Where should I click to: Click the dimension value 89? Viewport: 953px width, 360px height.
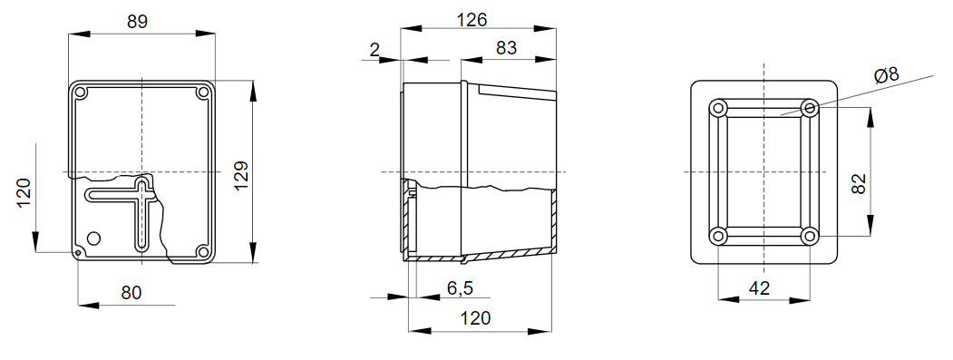coord(138,21)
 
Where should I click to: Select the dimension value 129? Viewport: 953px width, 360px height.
coord(241,172)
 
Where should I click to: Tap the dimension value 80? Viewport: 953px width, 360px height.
coord(131,292)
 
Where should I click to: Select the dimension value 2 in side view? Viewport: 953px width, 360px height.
coord(374,49)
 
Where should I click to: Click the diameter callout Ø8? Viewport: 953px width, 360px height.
coord(886,75)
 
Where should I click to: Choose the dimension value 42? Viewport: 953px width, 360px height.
coord(760,287)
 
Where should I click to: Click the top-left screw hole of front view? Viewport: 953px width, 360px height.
coord(81,92)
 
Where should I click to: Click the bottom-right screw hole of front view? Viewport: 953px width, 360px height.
coord(202,251)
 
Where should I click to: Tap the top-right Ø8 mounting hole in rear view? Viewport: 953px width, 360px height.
coord(810,109)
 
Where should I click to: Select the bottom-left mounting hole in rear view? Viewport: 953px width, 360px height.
coord(719,236)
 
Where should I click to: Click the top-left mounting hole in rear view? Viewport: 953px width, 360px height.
coord(719,109)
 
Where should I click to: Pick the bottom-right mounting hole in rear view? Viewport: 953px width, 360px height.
coord(810,236)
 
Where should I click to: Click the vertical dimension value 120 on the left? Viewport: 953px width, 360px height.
coord(24,193)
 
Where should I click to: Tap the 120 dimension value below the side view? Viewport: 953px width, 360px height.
coord(475,317)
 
